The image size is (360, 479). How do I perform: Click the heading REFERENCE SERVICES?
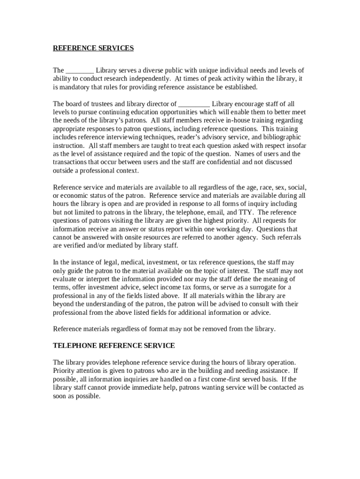point(93,48)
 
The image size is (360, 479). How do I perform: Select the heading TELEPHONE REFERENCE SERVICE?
point(114,346)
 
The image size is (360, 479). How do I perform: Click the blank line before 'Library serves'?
point(80,71)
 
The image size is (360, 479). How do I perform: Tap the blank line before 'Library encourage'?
point(194,104)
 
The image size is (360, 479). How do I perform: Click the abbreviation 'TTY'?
point(246,212)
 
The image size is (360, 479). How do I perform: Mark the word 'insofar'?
point(295,145)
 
